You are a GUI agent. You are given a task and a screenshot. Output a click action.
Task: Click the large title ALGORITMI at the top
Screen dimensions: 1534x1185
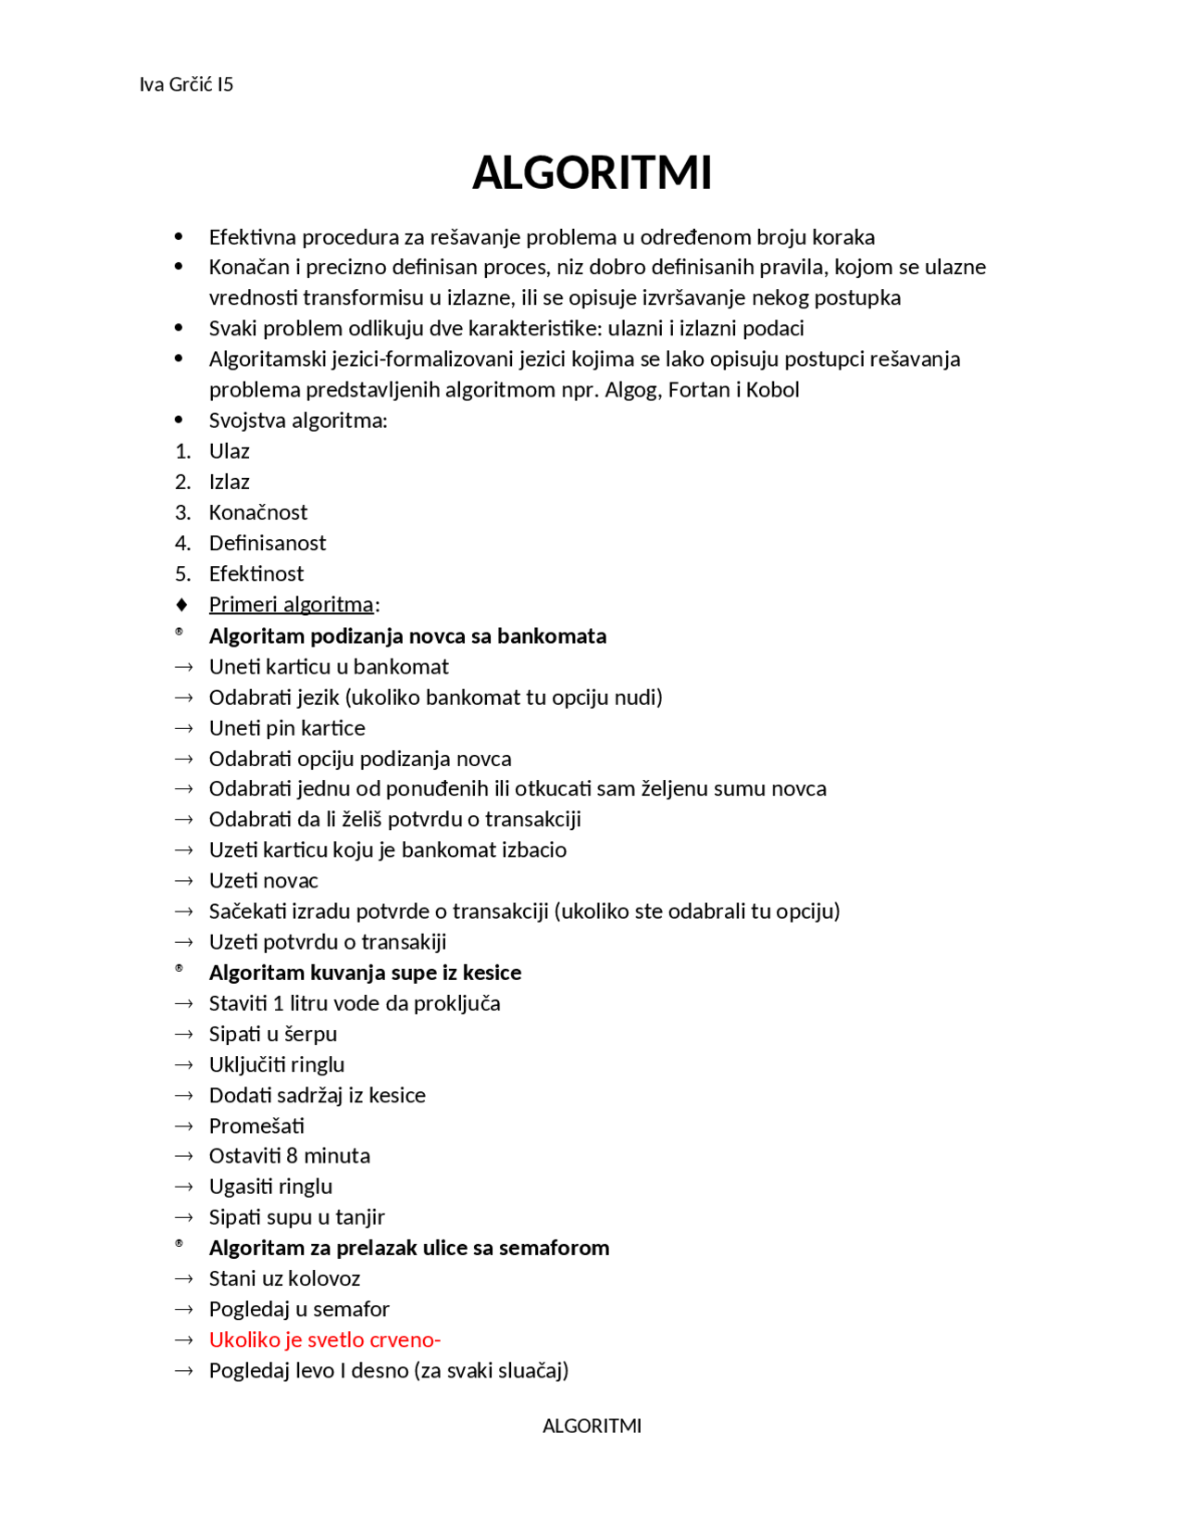point(592,173)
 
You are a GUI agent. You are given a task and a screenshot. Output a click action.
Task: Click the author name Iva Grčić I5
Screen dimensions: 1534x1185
point(186,85)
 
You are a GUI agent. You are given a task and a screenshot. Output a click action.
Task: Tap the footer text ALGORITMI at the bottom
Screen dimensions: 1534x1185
point(592,1426)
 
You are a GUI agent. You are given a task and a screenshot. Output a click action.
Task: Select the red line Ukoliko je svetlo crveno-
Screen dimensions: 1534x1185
point(324,1339)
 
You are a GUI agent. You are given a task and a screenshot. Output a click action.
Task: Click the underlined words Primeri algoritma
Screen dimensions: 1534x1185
point(291,605)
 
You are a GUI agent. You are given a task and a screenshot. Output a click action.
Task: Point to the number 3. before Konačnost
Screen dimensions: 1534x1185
point(183,512)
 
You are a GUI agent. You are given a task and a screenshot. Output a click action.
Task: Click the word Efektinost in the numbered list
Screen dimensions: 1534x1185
point(256,573)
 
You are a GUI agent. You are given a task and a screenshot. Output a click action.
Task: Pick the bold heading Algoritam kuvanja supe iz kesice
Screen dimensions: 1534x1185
point(365,973)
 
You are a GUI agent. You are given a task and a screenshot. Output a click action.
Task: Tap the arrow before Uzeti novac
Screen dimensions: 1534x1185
point(183,881)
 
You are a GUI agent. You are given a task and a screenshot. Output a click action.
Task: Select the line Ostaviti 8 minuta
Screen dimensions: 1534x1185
point(289,1156)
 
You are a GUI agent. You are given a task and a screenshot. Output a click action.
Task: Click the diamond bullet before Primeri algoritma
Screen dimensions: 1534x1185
point(181,605)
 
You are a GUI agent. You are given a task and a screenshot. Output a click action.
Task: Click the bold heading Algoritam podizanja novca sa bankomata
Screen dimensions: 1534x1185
point(407,636)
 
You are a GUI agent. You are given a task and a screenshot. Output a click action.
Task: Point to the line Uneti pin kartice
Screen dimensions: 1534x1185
point(287,728)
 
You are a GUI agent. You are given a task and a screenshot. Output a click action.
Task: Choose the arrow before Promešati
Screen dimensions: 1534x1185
point(183,1126)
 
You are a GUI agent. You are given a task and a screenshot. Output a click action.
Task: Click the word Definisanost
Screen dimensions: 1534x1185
point(268,543)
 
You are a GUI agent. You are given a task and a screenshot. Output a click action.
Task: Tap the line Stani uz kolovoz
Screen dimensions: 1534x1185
point(284,1278)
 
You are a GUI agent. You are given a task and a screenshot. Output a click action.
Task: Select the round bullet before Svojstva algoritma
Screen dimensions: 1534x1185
point(179,421)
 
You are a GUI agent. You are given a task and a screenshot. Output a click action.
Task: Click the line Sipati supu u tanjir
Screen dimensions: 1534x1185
point(296,1217)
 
